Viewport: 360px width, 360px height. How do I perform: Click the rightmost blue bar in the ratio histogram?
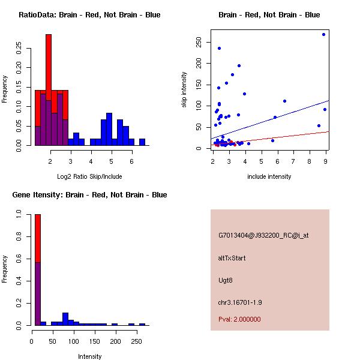[142, 142]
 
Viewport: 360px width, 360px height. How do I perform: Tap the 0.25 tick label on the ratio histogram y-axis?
[18, 48]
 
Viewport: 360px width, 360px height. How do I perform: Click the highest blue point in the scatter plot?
[323, 34]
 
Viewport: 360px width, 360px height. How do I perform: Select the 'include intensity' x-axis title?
[269, 176]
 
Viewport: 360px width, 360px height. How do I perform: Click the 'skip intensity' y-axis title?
[184, 90]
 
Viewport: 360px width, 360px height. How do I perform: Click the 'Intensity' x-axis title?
[89, 356]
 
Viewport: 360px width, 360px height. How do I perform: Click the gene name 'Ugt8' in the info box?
[225, 280]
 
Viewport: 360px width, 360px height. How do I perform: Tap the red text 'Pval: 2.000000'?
[239, 319]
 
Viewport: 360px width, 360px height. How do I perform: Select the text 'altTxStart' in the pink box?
[232, 258]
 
